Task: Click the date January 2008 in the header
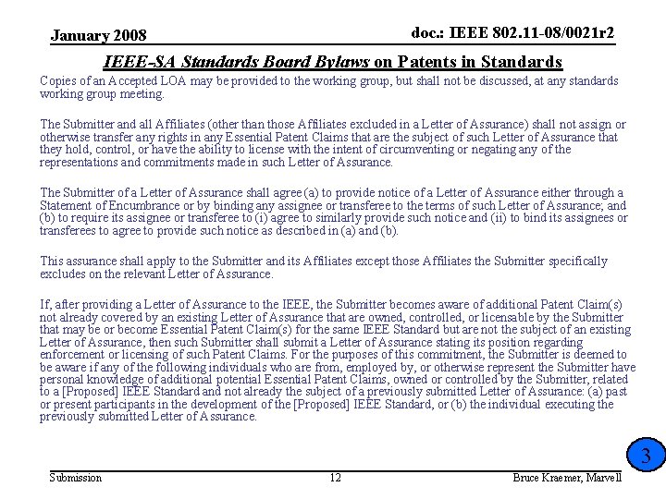pyautogui.click(x=98, y=36)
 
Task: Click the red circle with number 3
pyautogui.click(x=646, y=456)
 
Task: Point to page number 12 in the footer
pyautogui.click(x=336, y=477)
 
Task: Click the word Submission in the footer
pyautogui.click(x=75, y=477)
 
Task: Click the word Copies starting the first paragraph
pyautogui.click(x=58, y=81)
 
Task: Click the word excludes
pyautogui.click(x=64, y=274)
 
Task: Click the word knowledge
pyautogui.click(x=118, y=380)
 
